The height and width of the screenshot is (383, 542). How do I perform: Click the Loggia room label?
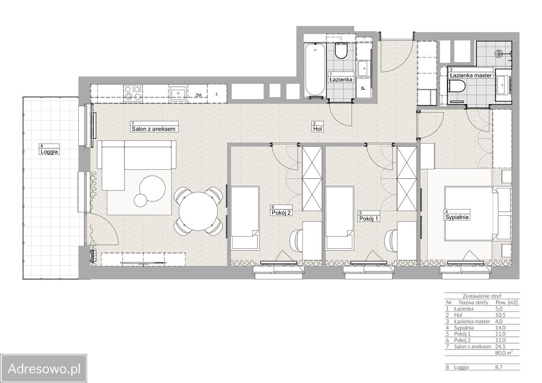click(49, 152)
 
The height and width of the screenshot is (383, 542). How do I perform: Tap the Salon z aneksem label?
click(153, 129)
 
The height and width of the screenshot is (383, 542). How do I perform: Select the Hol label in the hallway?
click(318, 129)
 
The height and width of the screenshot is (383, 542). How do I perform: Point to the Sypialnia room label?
click(457, 217)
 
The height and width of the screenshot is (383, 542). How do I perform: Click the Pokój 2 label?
click(281, 213)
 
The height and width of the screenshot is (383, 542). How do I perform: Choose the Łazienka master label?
click(471, 75)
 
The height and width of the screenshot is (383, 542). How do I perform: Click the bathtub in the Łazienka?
click(315, 70)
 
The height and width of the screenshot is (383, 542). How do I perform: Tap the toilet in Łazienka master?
click(456, 86)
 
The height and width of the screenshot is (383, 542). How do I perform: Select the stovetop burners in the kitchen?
click(133, 94)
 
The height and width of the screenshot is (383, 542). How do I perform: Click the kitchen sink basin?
click(178, 94)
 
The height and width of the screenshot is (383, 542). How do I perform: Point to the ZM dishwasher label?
click(199, 95)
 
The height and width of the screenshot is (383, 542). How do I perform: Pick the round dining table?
click(198, 211)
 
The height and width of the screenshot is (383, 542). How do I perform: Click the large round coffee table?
click(152, 188)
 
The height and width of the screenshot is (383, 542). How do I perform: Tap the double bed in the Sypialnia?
click(469, 213)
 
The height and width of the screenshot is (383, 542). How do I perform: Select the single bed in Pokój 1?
click(340, 218)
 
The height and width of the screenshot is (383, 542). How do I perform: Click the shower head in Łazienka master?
click(498, 54)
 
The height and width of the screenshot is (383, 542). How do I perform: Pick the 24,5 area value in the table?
click(501, 347)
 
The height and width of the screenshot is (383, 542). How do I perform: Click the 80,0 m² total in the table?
click(504, 353)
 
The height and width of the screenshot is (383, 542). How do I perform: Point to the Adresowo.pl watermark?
click(44, 369)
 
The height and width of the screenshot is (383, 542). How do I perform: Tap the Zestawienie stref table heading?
click(482, 296)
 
